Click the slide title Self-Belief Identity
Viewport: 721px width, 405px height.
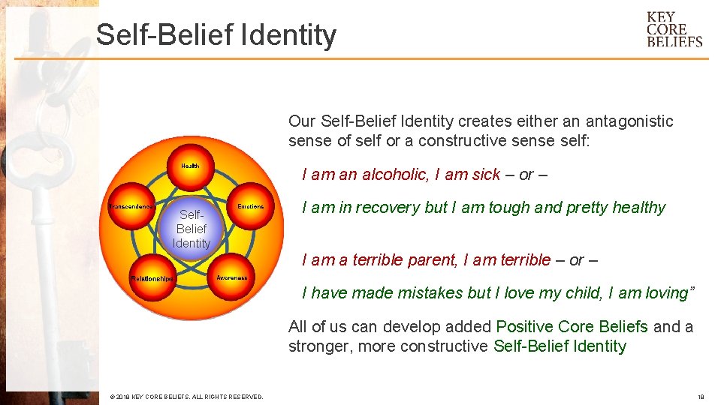click(x=216, y=35)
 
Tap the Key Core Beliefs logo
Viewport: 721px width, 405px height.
click(x=674, y=29)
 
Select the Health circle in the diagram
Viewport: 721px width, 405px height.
click(x=190, y=165)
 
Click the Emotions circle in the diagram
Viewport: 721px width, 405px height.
click(x=251, y=207)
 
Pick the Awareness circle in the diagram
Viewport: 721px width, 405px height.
click(x=231, y=278)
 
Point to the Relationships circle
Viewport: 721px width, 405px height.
click(x=152, y=278)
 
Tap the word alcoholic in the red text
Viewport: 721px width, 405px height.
click(x=394, y=175)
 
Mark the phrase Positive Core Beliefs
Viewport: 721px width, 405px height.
click(x=572, y=327)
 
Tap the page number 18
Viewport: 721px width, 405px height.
click(x=700, y=396)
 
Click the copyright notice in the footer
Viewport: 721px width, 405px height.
click(x=186, y=396)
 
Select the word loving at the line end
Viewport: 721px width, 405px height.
click(x=667, y=293)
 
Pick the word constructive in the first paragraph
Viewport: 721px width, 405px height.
click(x=463, y=141)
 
